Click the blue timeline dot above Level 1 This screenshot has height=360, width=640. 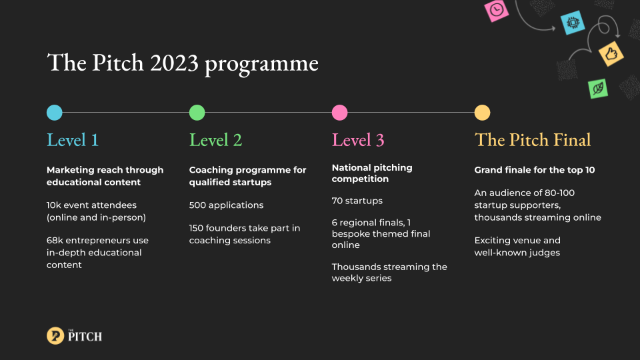tap(54, 113)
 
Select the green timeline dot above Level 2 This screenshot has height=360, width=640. tap(197, 113)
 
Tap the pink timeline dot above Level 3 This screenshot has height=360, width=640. tap(339, 113)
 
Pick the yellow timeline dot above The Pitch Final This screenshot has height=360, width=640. tap(482, 113)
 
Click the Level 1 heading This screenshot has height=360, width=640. tap(73, 140)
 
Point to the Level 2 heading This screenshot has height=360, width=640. tap(215, 140)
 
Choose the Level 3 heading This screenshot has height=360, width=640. tap(358, 140)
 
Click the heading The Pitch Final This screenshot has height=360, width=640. tap(533, 140)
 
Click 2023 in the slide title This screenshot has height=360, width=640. tap(174, 63)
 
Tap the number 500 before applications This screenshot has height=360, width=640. tap(197, 205)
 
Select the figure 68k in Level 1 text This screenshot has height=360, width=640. tap(55, 241)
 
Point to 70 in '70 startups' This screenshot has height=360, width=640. tap(337, 201)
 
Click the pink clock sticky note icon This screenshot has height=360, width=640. tap(496, 10)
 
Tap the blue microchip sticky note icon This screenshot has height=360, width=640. tap(573, 23)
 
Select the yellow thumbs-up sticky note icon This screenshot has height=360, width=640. tap(611, 53)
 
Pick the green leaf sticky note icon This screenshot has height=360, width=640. tap(598, 89)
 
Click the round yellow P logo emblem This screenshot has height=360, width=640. tap(55, 336)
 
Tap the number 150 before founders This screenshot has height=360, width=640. tap(196, 228)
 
